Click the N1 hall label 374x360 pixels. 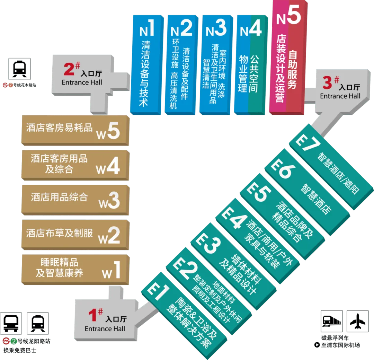147,28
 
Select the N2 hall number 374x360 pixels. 181,28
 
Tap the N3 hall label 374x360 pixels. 216,28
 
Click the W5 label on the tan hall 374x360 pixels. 108,132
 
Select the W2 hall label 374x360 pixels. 109,236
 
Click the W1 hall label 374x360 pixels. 112,270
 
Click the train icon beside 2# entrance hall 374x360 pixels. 19,69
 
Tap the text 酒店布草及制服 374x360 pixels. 60,233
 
